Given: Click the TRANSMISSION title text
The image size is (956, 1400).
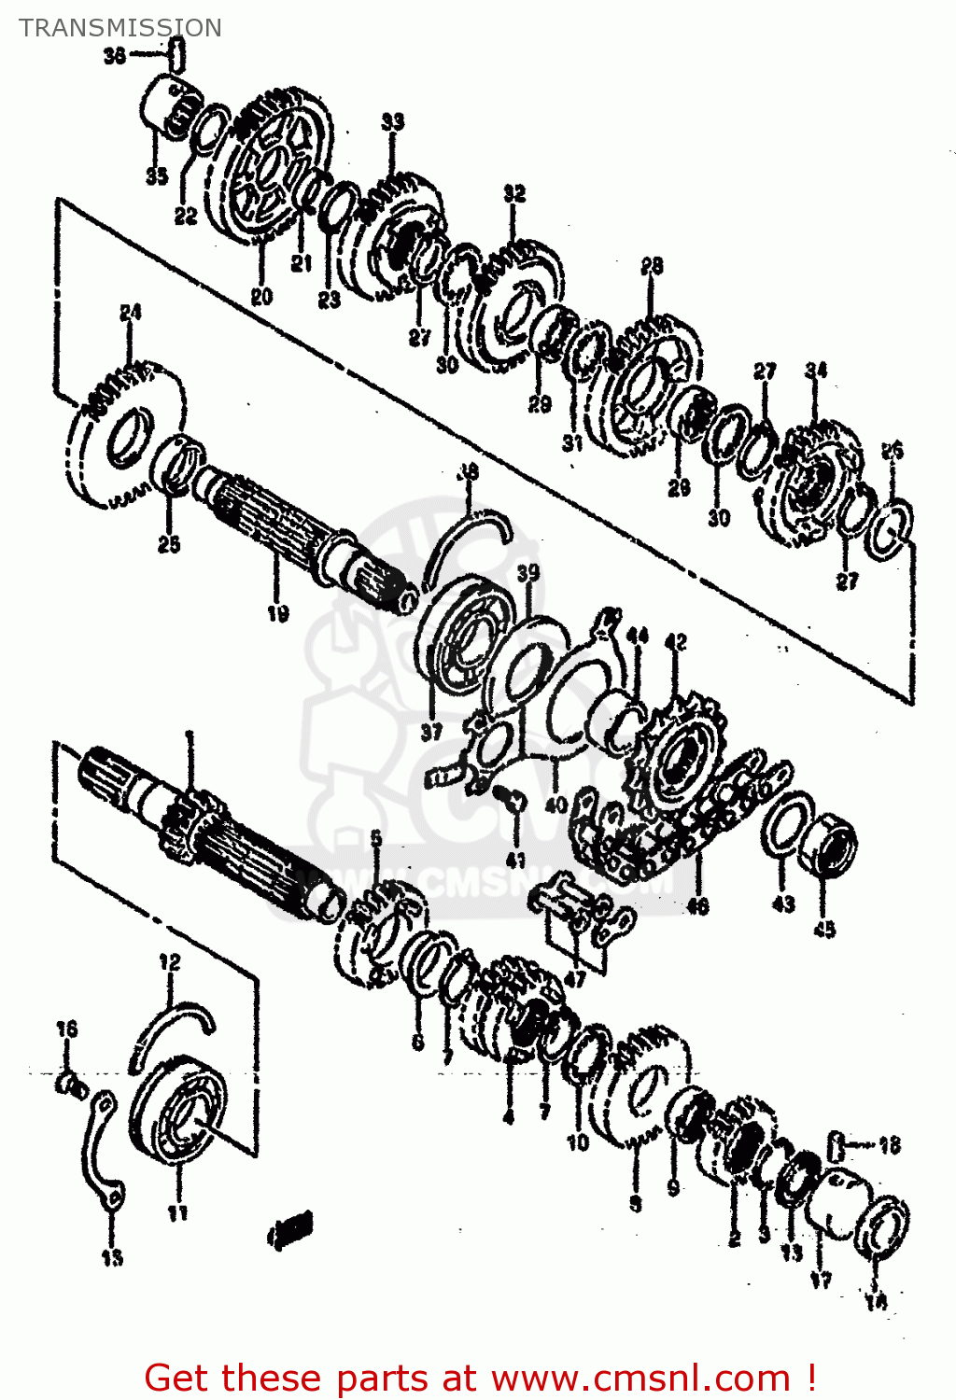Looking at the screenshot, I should coord(120,28).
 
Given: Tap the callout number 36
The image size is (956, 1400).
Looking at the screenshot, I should coord(114,56).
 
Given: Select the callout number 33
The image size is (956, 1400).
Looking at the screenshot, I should coord(392,122).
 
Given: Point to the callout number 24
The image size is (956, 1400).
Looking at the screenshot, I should coord(130,313).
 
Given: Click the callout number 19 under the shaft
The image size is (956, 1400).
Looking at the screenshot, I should coord(277,613).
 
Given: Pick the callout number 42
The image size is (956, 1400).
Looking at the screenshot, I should coord(675,642).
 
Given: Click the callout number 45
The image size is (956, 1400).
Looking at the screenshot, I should coord(824,929).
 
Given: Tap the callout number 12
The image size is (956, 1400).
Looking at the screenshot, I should coord(169,961).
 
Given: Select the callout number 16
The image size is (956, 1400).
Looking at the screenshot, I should coord(66,1029).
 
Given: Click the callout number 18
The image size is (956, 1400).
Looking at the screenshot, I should coord(889,1144).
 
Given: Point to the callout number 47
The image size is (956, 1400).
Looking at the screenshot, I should coord(575,979).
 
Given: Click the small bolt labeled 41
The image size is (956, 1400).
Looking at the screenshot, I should coord(510,799).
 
